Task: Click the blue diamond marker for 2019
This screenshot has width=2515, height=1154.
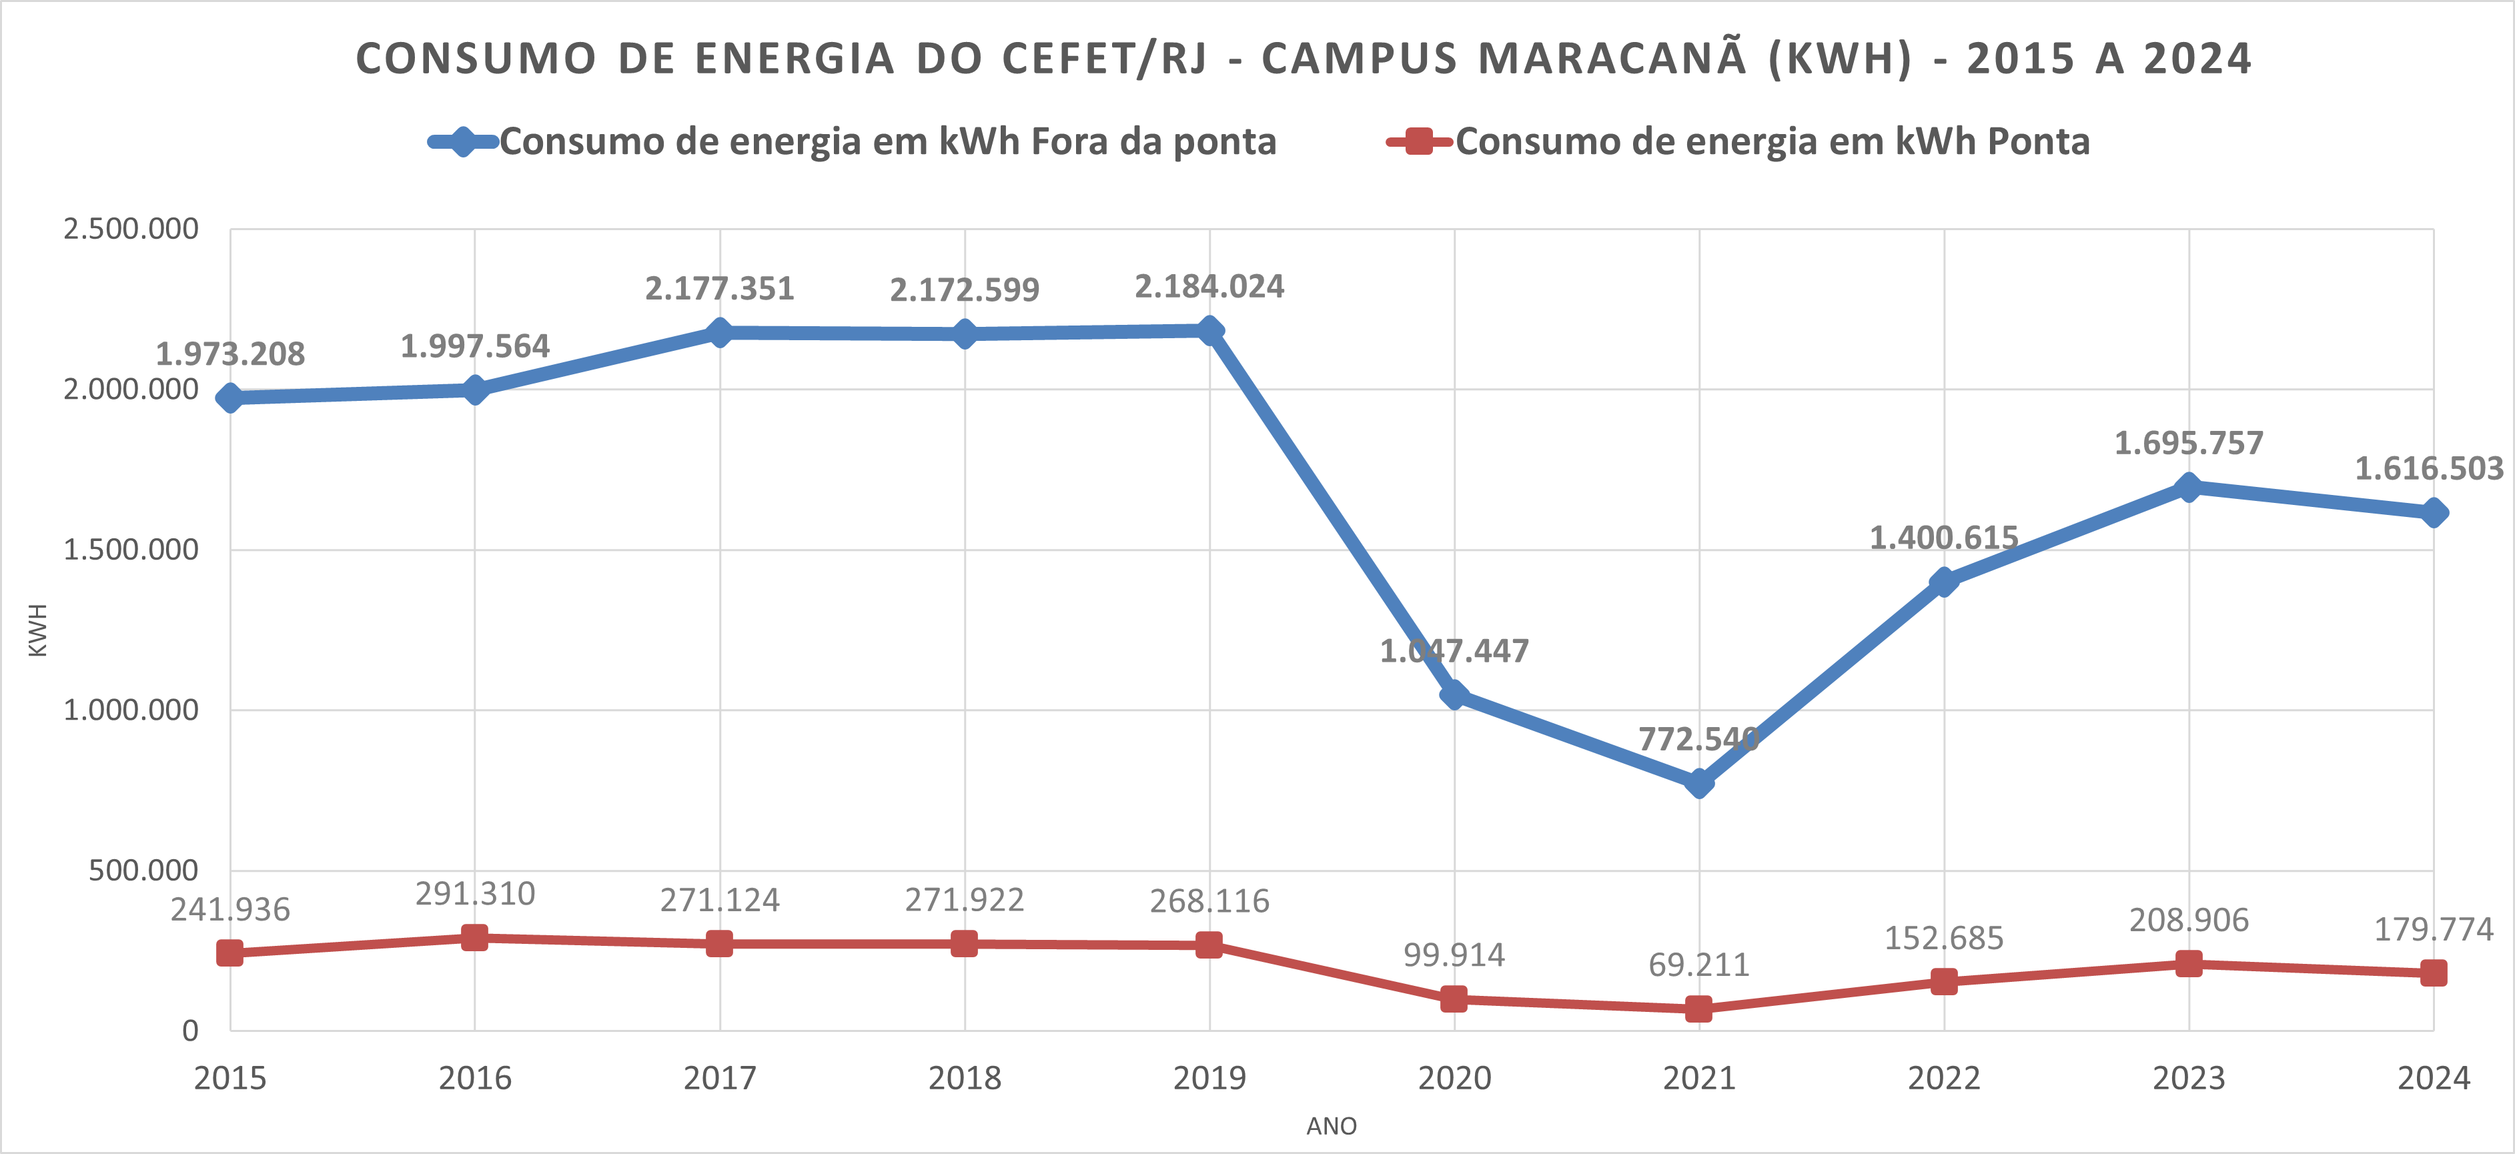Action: tap(1209, 330)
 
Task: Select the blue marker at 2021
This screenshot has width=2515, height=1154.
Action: tap(1699, 782)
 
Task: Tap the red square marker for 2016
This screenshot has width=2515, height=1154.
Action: tap(474, 937)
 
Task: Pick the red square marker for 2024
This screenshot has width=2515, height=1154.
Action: tap(2433, 973)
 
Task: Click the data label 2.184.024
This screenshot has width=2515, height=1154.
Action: tap(1209, 287)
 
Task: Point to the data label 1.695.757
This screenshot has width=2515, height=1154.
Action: tap(2188, 443)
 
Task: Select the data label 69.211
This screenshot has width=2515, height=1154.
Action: tap(1699, 965)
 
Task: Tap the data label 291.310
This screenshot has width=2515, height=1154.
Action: tap(476, 893)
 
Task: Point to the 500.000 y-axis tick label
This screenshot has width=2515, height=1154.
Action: tap(143, 870)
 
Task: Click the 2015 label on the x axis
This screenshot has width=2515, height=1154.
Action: tap(230, 1078)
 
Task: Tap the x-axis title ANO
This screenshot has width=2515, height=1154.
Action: tap(1332, 1126)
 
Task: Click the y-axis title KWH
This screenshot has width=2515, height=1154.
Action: tap(37, 630)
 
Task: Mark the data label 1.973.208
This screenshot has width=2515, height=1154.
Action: tap(230, 354)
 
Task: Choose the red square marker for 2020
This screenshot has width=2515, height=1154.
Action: tap(1454, 999)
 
